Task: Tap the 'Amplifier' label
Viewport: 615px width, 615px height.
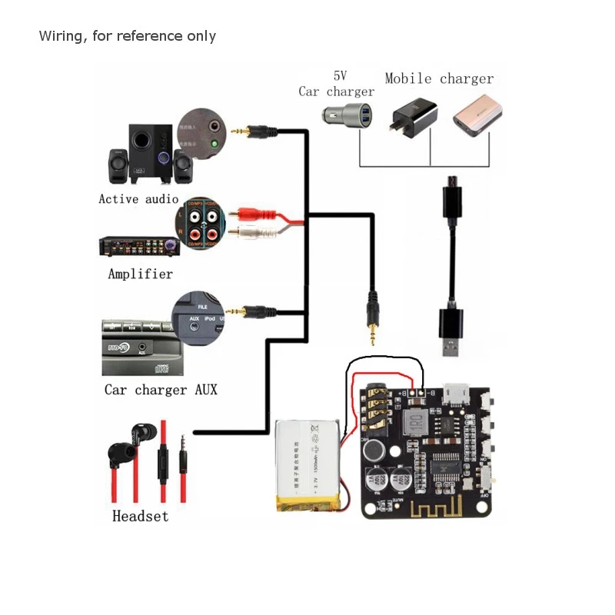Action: (x=140, y=274)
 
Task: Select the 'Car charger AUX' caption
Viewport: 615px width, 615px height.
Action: (x=161, y=390)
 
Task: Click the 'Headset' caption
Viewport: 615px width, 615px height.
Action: (x=140, y=516)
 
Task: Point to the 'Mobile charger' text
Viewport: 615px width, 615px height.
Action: (x=439, y=78)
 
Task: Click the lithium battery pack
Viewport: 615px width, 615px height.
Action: (x=309, y=465)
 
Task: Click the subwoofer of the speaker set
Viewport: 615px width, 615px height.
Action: (x=141, y=158)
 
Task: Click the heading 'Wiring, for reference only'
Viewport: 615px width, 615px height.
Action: (x=127, y=36)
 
